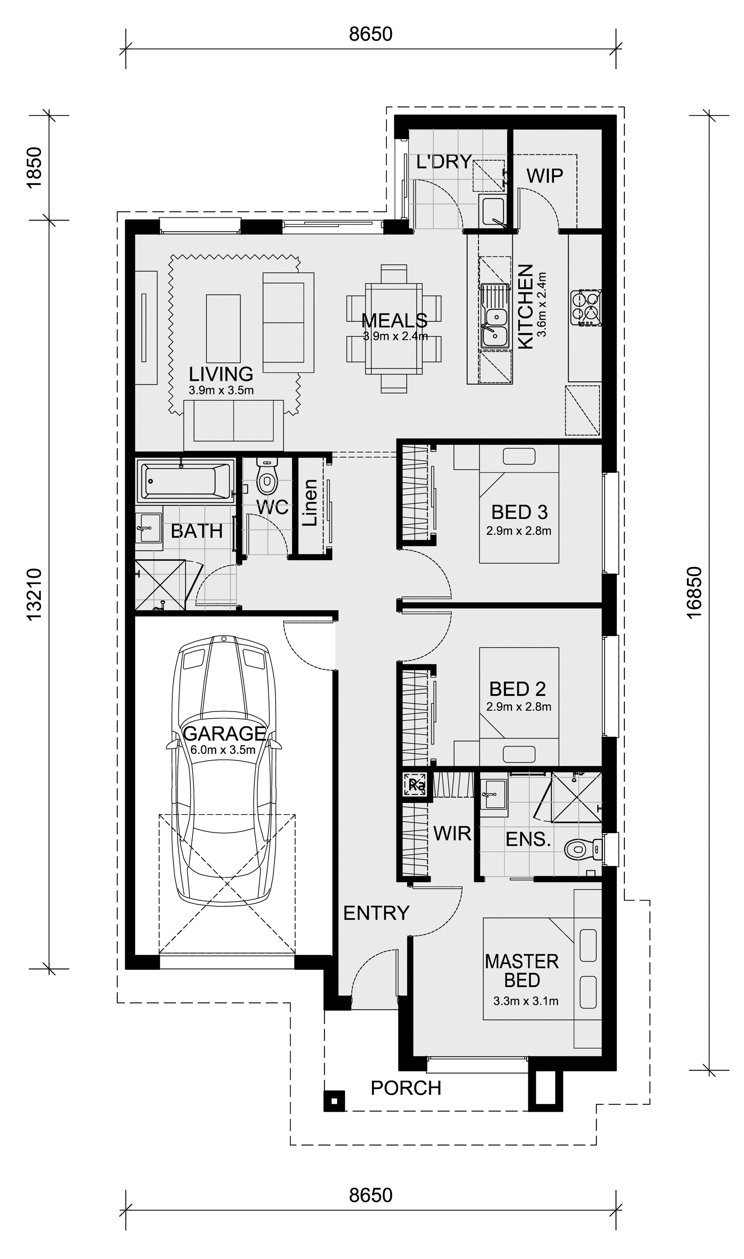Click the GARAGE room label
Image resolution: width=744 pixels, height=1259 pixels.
click(224, 734)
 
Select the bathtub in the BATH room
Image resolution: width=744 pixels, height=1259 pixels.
click(185, 481)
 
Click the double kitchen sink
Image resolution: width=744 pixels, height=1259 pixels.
click(494, 316)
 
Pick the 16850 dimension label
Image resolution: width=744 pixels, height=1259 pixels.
click(694, 593)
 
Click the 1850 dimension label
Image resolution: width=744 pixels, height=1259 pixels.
click(34, 167)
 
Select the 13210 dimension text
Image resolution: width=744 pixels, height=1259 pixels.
click(34, 594)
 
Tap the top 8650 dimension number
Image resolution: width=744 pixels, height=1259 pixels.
click(371, 34)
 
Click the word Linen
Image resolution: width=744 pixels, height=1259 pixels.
click(310, 502)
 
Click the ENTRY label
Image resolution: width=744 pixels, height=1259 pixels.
click(376, 913)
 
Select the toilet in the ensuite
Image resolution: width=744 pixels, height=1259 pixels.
click(582, 849)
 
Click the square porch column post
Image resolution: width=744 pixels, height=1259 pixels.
click(334, 1101)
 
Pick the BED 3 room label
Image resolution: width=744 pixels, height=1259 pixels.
click(519, 512)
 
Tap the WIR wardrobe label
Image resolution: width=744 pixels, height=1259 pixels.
click(452, 833)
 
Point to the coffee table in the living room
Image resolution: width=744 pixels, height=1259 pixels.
click(223, 329)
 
